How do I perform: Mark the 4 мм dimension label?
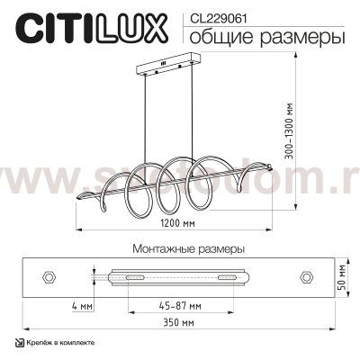(x=80, y=307)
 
